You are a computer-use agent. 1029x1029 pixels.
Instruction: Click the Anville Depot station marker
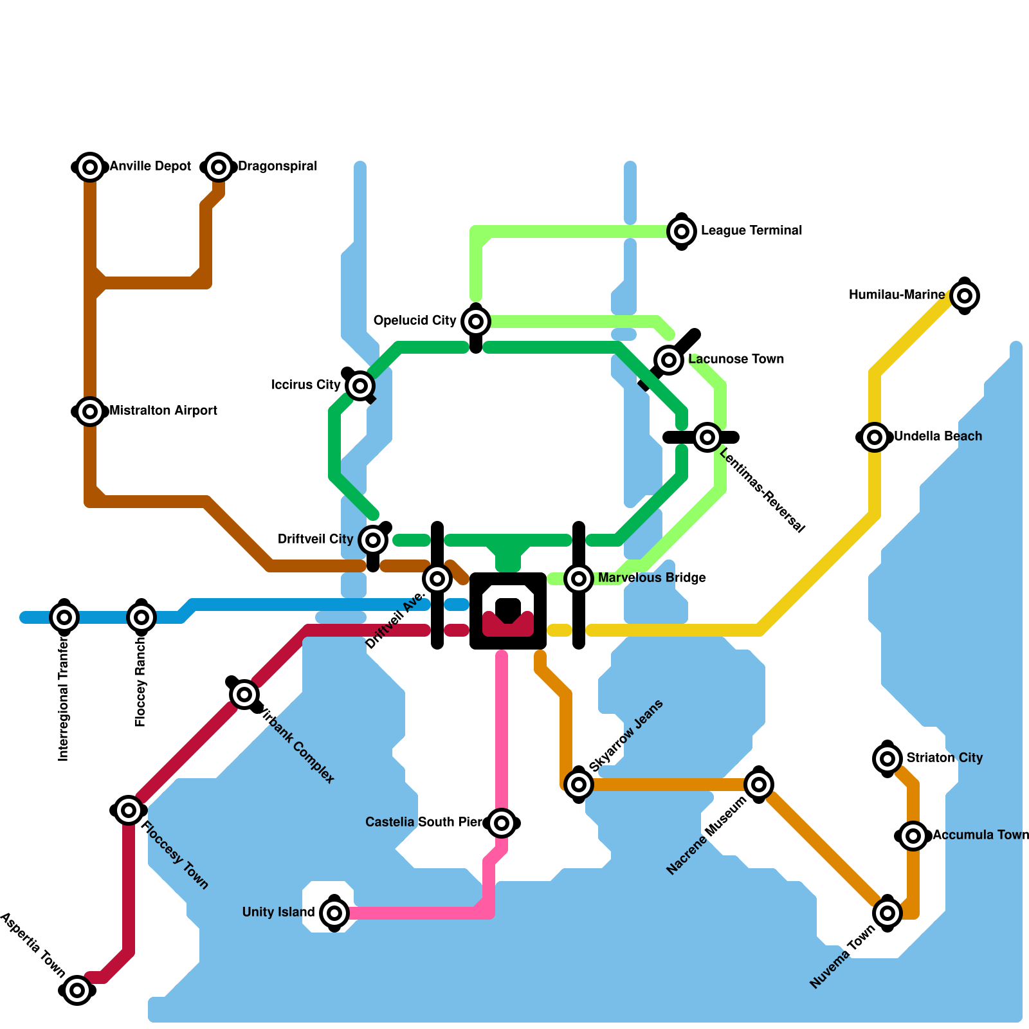click(x=90, y=167)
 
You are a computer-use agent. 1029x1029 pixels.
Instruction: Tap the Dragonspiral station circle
click(x=219, y=167)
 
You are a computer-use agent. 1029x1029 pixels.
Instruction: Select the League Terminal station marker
click(x=682, y=231)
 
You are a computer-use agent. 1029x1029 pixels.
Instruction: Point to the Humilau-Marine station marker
click(x=964, y=295)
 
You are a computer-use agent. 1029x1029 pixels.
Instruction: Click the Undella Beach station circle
click(x=874, y=437)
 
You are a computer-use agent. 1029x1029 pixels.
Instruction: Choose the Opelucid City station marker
click(x=476, y=321)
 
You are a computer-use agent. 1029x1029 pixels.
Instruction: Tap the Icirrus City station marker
click(x=360, y=385)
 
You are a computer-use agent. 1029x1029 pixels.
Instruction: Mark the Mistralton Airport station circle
click(x=90, y=411)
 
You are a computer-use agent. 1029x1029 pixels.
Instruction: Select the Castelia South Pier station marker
click(x=502, y=823)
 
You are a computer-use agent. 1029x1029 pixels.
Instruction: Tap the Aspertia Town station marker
click(x=77, y=990)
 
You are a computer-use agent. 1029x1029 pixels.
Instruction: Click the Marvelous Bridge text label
click(x=651, y=578)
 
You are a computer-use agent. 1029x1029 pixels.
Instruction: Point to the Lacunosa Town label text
click(x=736, y=359)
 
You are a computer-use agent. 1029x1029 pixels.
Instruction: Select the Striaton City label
click(x=944, y=758)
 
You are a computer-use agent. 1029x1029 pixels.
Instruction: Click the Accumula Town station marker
click(x=913, y=835)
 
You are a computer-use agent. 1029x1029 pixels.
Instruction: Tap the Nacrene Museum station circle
click(x=759, y=784)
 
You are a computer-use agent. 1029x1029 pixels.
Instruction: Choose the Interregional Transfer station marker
click(x=64, y=617)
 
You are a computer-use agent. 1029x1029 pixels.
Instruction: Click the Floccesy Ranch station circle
click(x=141, y=617)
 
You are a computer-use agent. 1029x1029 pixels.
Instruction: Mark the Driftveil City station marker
click(x=373, y=540)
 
